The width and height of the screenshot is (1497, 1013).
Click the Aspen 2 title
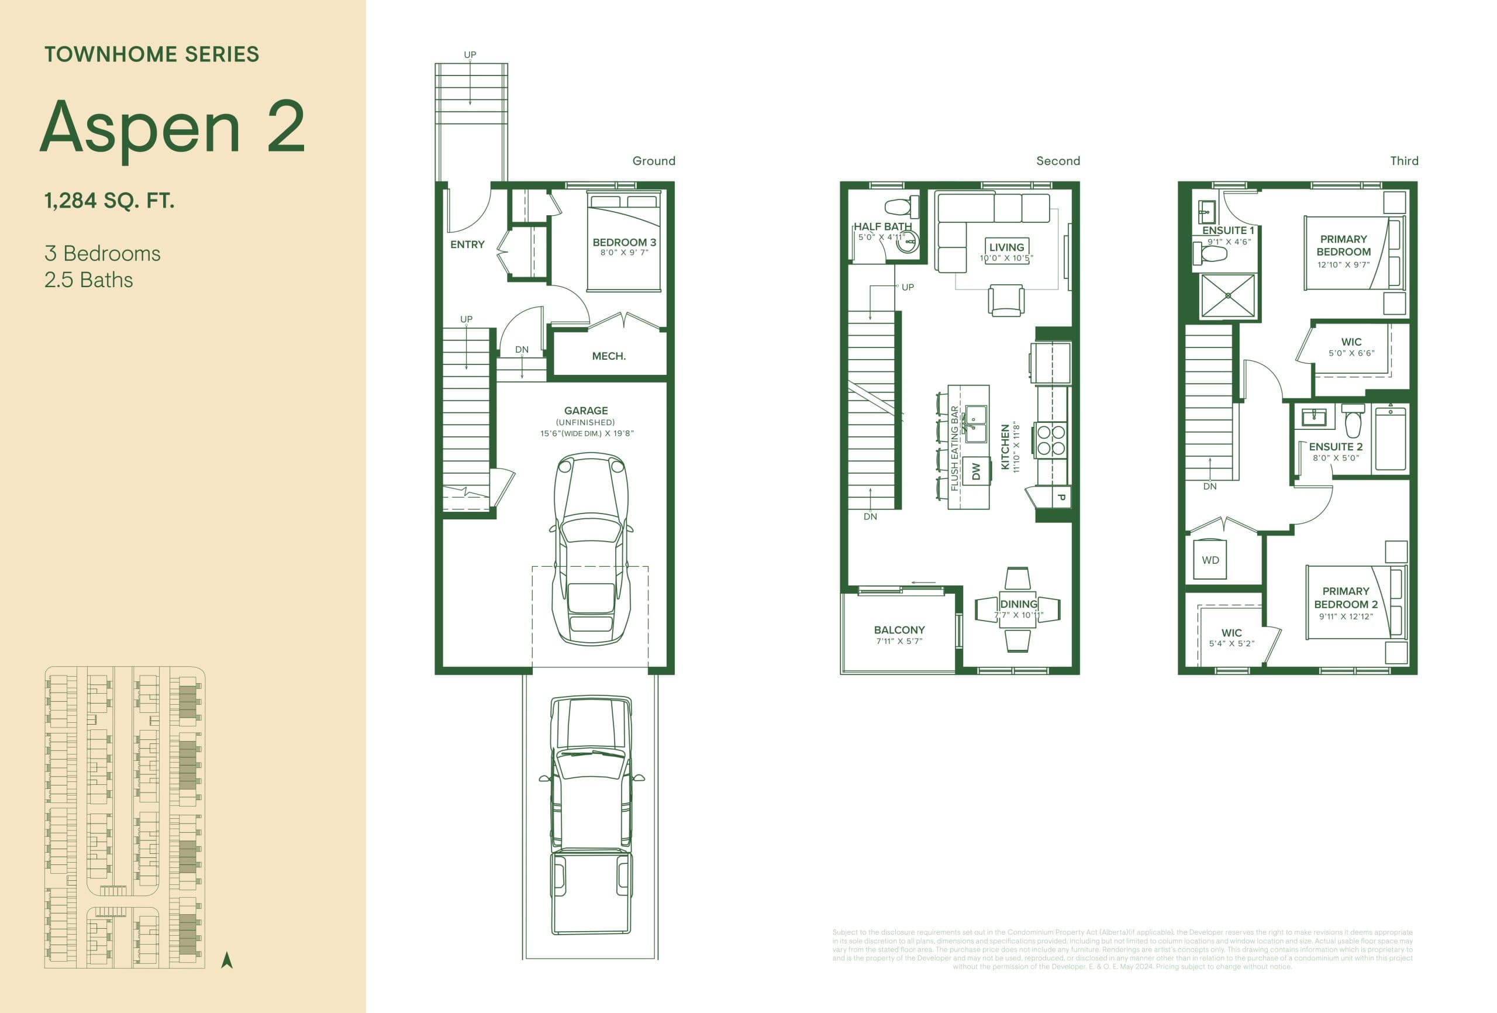click(172, 128)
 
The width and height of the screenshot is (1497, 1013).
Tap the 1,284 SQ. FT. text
click(109, 201)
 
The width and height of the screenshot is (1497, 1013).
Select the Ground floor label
click(653, 160)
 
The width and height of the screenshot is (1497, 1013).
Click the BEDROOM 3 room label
click(623, 242)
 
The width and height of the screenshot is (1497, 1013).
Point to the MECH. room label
click(608, 356)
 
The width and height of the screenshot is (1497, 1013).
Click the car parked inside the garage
click(591, 548)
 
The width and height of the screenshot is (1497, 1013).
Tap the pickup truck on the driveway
click(590, 815)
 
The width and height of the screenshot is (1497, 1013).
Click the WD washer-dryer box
click(1210, 560)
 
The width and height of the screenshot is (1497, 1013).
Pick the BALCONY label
click(899, 629)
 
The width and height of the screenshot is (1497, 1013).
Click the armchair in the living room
click(1006, 300)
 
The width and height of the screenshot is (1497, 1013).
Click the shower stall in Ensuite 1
click(1228, 296)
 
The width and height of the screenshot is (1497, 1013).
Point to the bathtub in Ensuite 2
click(1390, 439)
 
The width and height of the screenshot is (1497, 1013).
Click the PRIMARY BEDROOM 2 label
click(1345, 597)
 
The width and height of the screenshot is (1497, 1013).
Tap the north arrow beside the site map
click(227, 960)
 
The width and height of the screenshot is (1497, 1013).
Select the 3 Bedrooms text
click(102, 253)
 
